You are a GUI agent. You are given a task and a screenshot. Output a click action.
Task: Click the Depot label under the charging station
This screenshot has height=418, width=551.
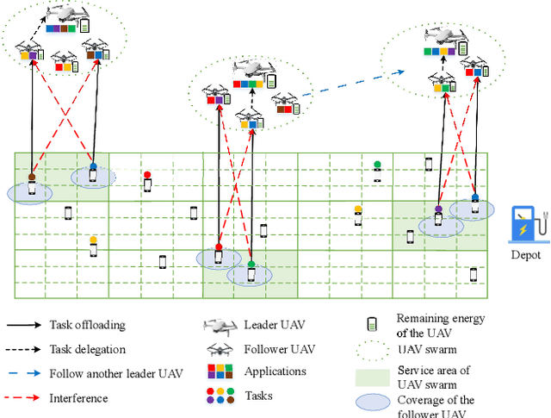[x=524, y=255]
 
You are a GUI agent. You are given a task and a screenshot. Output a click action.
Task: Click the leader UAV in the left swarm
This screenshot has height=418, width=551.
[x=66, y=16]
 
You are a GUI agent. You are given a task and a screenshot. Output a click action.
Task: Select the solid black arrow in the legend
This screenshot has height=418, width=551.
[x=26, y=326]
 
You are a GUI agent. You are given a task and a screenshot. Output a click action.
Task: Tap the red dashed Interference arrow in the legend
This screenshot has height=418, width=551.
[x=26, y=398]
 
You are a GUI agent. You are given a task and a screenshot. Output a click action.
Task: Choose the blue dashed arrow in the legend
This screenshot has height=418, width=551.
[x=26, y=374]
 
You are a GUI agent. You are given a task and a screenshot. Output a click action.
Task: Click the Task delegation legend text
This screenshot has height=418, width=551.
[x=89, y=349]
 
